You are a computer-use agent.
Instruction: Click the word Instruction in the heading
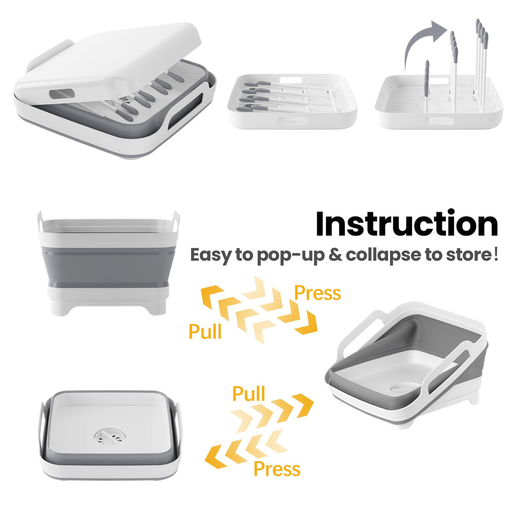pyautogui.click(x=407, y=224)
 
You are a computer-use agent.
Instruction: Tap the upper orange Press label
pyautogui.click(x=317, y=293)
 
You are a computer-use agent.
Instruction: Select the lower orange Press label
pyautogui.click(x=277, y=469)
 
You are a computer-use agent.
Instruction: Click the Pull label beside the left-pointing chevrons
pyautogui.click(x=205, y=331)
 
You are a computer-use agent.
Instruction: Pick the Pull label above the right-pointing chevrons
pyautogui.click(x=249, y=393)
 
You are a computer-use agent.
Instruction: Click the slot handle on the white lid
pyautogui.click(x=62, y=94)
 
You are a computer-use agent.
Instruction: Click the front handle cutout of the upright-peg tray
pyautogui.click(x=439, y=121)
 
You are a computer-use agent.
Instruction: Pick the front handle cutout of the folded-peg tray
pyautogui.click(x=292, y=121)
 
